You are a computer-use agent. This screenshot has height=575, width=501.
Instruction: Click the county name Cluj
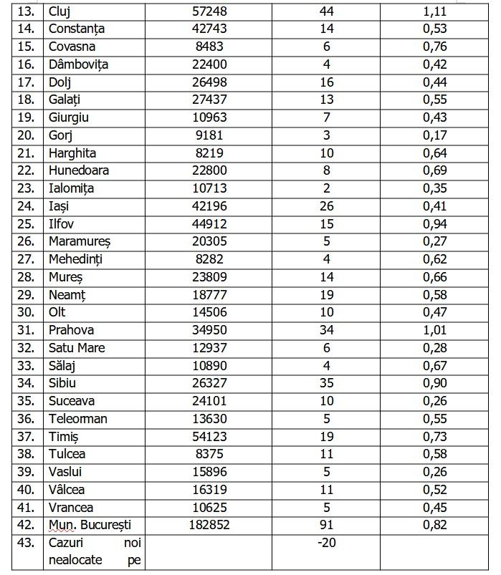click(60, 11)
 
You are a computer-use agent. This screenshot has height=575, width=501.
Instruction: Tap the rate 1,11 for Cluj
click(434, 11)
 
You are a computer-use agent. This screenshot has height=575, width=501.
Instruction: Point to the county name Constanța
click(77, 29)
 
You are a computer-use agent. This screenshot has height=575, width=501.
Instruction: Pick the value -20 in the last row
click(326, 543)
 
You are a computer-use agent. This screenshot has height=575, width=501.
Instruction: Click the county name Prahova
click(71, 330)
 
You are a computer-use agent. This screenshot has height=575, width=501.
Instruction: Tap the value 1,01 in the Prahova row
click(434, 330)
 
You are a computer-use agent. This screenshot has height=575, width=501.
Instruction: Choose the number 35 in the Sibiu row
click(326, 383)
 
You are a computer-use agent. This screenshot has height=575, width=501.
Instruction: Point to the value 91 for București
click(326, 525)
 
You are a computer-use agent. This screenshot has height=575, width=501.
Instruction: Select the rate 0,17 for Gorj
click(434, 135)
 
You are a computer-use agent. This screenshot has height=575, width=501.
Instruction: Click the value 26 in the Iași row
click(326, 206)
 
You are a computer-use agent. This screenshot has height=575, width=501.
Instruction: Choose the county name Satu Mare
click(77, 348)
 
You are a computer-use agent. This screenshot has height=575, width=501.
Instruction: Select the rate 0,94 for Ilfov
click(434, 224)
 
